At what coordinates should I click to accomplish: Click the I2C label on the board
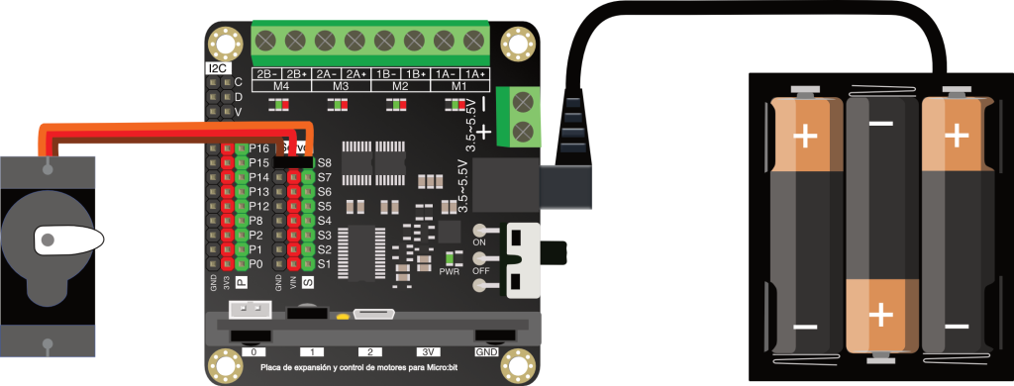217,68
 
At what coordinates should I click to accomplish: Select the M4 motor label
280,86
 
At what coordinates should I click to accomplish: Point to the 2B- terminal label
265,74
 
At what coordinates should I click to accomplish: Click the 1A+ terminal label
475,74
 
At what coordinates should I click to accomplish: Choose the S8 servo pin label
324,161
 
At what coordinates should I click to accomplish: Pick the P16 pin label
259,147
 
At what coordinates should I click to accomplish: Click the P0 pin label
255,264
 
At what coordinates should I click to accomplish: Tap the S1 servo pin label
323,264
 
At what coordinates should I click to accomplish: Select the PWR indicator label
450,270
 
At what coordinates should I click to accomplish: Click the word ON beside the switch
481,242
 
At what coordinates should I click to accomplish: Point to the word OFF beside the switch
482,270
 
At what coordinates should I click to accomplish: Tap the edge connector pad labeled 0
254,351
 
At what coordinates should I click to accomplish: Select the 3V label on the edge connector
426,351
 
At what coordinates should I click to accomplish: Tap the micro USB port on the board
373,315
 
